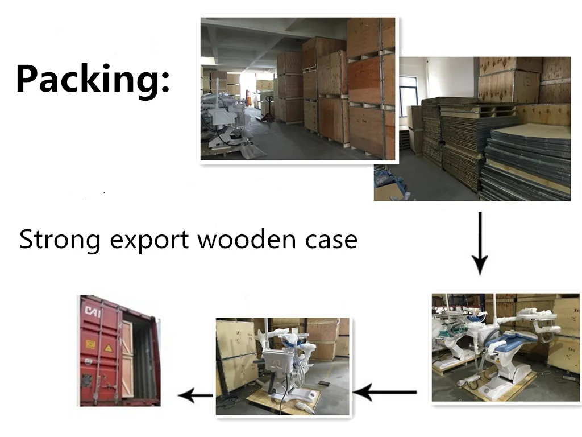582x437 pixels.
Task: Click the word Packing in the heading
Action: coord(85,79)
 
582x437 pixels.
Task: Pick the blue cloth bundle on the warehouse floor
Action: coord(392,185)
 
